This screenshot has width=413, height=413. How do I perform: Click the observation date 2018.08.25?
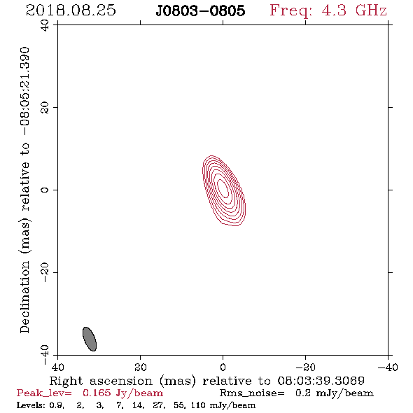pyautogui.click(x=71, y=10)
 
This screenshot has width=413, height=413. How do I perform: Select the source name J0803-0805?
pyautogui.click(x=200, y=10)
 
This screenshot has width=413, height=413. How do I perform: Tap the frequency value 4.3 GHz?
pyautogui.click(x=354, y=10)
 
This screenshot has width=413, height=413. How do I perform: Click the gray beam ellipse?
pyautogui.click(x=90, y=339)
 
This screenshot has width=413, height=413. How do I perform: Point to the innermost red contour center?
pyautogui.click(x=223, y=188)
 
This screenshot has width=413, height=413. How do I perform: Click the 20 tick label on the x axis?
pyautogui.click(x=141, y=367)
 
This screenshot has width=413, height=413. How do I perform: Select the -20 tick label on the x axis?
pyautogui.click(x=305, y=367)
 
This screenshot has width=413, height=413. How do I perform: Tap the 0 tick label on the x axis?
pyautogui.click(x=223, y=367)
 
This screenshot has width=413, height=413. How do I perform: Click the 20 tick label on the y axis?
pyautogui.click(x=45, y=108)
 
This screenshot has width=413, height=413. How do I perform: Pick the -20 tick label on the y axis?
pyautogui.click(x=45, y=272)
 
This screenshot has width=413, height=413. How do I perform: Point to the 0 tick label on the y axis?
pyautogui.click(x=45, y=190)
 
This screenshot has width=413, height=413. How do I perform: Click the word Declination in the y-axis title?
pyautogui.click(x=24, y=297)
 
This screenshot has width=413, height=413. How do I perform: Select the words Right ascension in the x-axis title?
pyautogui.click(x=101, y=381)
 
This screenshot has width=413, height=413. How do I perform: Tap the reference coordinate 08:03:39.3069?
pyautogui.click(x=321, y=381)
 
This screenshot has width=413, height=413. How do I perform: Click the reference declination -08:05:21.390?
pyautogui.click(x=24, y=92)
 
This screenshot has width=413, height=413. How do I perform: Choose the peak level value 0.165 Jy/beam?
pyautogui.click(x=122, y=393)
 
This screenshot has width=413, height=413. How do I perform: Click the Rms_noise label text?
pyautogui.click(x=252, y=393)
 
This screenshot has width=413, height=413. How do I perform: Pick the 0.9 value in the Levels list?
pyautogui.click(x=57, y=405)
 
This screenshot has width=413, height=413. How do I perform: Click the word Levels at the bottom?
pyautogui.click(x=31, y=405)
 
